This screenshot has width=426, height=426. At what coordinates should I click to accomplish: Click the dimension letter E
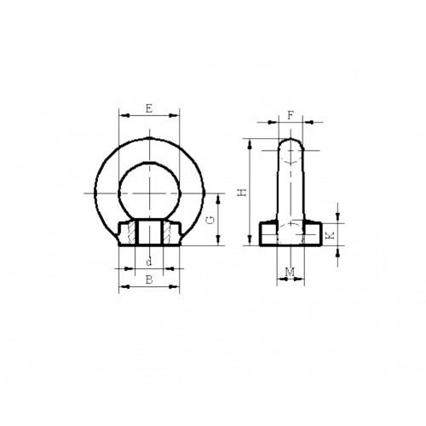(x=149, y=108)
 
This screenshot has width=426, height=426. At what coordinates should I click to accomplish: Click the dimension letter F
(x=291, y=114)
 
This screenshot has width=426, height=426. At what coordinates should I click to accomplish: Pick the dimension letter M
(x=291, y=272)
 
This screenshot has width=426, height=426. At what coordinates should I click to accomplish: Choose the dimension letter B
(x=149, y=279)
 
